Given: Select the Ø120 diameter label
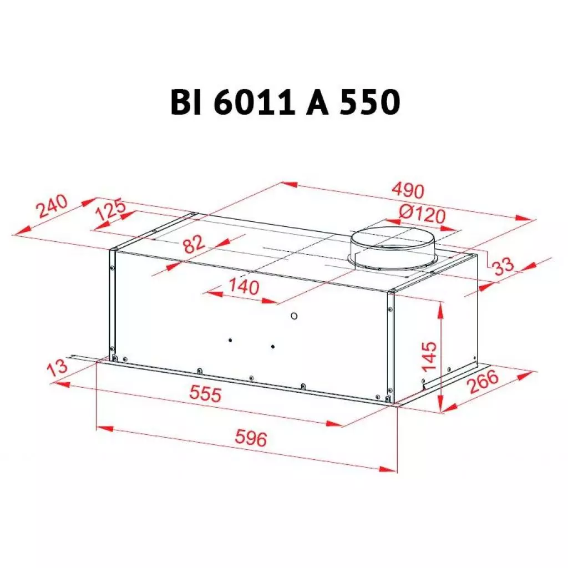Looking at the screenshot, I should coord(422,214).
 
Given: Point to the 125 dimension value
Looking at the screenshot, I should coord(110,213).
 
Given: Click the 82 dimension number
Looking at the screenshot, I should coord(195,244).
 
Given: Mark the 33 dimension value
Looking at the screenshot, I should coord(504,266).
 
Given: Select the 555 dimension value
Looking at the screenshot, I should coord(205,394).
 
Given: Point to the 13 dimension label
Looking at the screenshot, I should coord(57,367).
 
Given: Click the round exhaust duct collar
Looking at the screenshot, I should coord(393,249).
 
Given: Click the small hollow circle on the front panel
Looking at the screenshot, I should coord(293,317).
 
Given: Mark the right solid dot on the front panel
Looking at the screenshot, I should coord(273,347).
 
